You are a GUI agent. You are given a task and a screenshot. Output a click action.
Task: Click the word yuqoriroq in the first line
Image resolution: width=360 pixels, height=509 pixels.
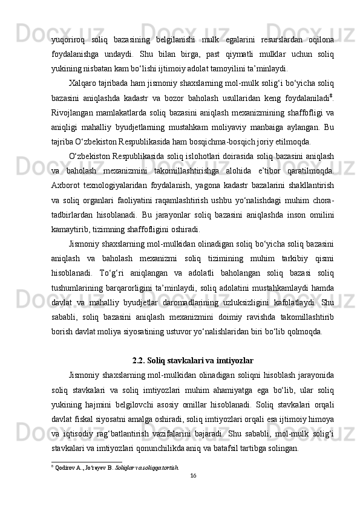[x=68, y=40]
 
